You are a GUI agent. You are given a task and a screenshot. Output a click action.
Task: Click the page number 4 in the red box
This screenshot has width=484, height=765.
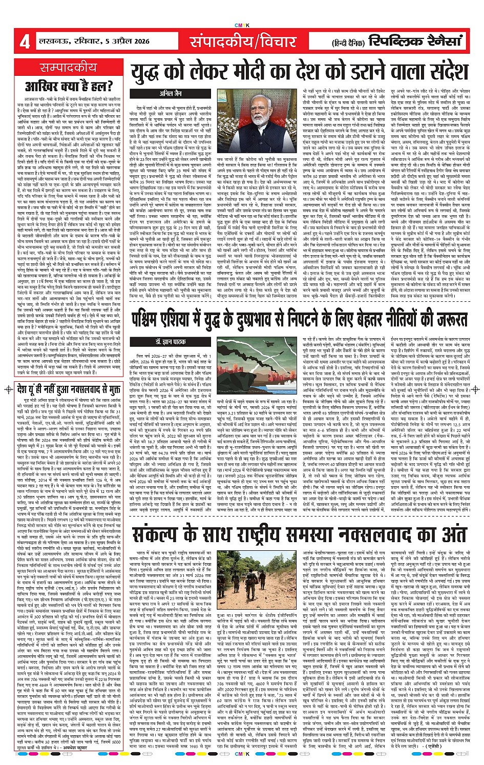[x=24, y=42]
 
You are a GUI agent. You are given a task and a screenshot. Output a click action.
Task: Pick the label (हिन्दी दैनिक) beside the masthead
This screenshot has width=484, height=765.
[x=350, y=43]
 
